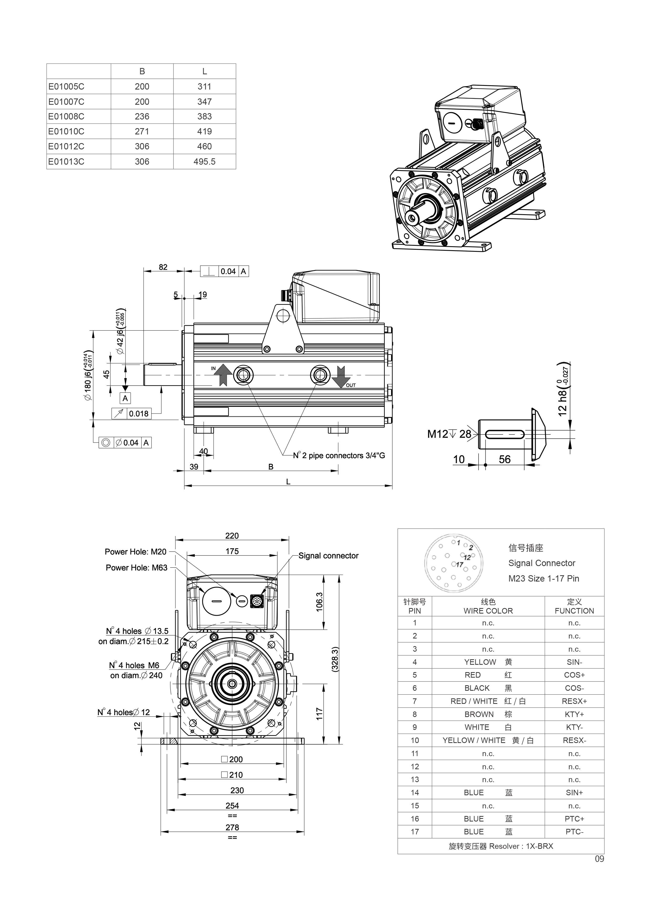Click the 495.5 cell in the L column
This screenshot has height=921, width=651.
pos(204,162)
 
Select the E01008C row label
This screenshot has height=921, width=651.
pos(66,117)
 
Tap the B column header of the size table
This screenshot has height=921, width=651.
pos(142,71)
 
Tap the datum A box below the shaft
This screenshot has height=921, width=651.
pos(125,398)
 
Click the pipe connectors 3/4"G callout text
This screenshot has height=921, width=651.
pos(339,456)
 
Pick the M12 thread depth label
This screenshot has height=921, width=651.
pos(449,434)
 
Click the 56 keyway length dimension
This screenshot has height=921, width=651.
pos(504,459)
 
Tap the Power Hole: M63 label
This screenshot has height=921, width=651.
pos(136,568)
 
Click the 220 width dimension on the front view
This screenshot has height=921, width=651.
pos(232,536)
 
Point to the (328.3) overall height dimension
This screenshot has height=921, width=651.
pos(336,659)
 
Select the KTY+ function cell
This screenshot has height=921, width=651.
pos(574,714)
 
